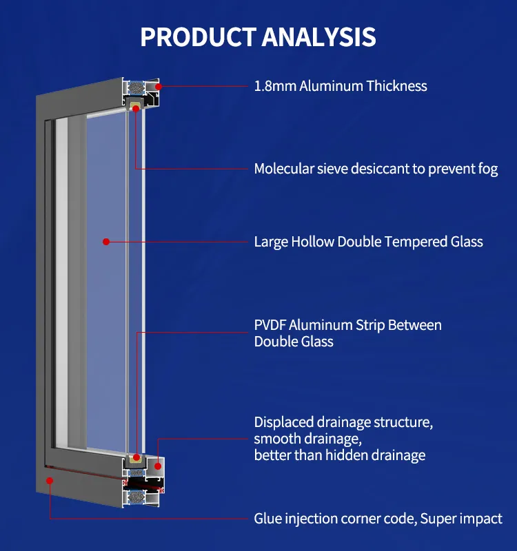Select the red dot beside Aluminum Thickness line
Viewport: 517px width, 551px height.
click(159, 87)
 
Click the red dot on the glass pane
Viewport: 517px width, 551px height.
click(105, 242)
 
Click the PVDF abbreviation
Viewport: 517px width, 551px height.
click(270, 325)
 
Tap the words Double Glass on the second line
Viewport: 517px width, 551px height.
click(294, 342)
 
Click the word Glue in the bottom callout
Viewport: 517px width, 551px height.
click(267, 519)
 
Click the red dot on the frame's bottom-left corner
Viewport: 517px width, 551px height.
click(50, 480)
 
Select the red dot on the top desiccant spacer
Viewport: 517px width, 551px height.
click(136, 108)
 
